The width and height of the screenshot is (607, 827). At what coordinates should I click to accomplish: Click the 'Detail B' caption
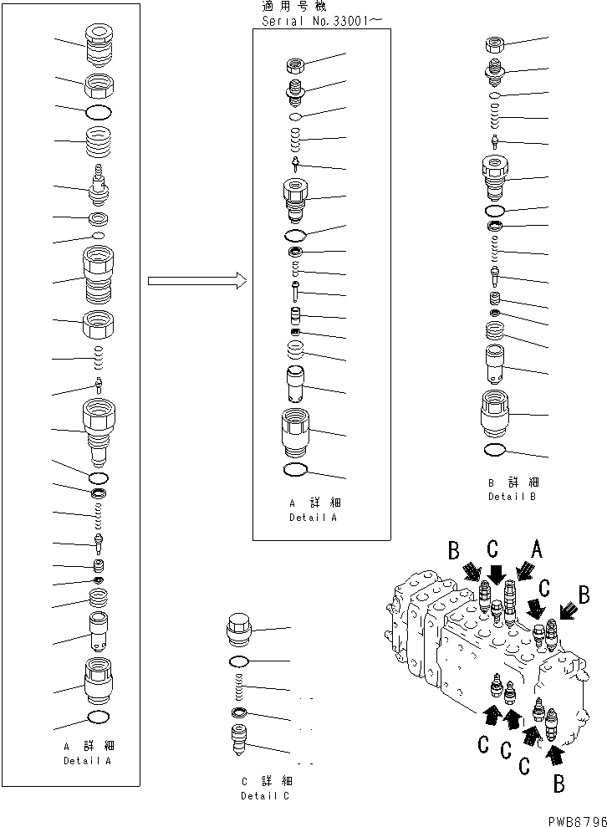(x=512, y=496)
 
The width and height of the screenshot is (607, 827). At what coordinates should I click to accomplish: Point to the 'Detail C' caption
(x=266, y=795)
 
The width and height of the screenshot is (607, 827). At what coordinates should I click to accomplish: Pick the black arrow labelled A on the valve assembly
(x=524, y=572)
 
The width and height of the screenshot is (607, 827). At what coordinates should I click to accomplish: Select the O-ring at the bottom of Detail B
(x=494, y=450)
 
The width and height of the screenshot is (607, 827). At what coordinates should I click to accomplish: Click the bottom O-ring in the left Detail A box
(x=98, y=717)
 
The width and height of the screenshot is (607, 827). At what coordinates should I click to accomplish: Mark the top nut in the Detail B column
(x=494, y=45)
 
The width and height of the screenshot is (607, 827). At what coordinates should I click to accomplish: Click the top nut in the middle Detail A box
(x=296, y=65)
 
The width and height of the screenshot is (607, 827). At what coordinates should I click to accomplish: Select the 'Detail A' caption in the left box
(x=88, y=761)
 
